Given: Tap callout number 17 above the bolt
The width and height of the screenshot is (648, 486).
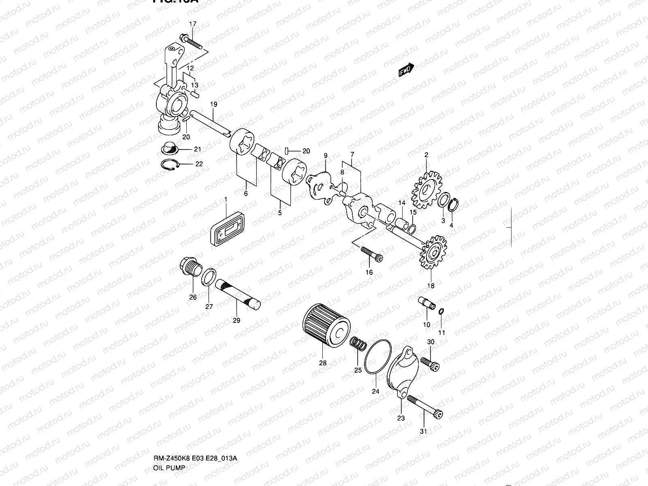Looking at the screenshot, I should pos(192,24).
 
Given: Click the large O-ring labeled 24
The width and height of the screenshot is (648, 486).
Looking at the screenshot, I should pos(378,357).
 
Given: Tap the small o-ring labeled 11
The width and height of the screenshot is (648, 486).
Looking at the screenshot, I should pos(441,311).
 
